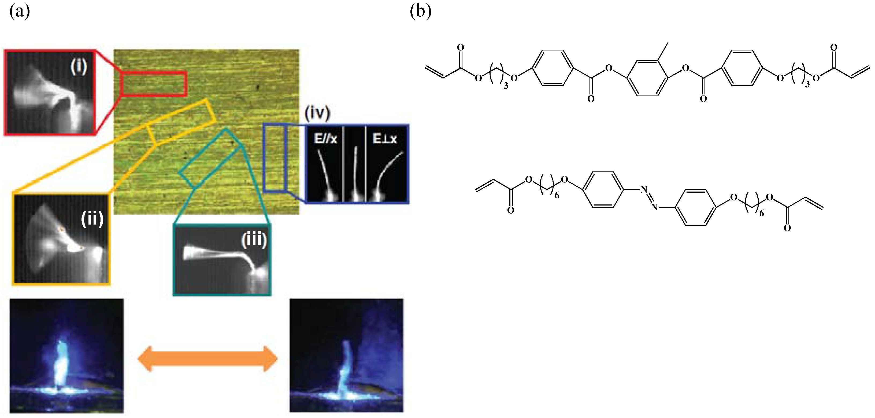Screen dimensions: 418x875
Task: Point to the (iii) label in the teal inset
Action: pos(254,240)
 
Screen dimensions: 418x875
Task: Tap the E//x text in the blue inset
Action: pos(325,139)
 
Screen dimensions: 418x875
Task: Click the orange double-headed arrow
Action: pos(207,358)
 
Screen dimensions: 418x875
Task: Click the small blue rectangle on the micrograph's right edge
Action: pos(275,158)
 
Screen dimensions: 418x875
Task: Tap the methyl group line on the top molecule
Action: pos(663,52)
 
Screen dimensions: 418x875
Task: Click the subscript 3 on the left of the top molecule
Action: pos(506,86)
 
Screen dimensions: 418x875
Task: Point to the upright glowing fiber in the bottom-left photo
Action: pos(61,364)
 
